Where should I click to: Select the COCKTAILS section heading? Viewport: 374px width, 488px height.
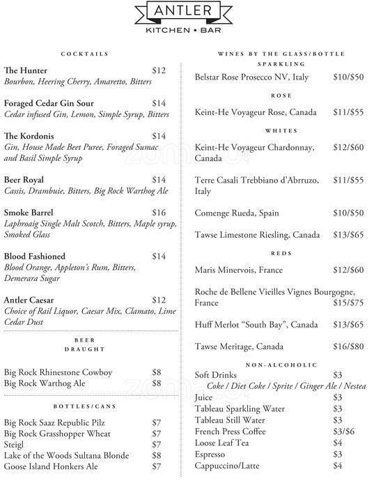coord(85,54)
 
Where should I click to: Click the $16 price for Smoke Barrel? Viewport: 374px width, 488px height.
coord(159,213)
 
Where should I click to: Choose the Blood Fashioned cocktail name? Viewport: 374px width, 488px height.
coord(35,257)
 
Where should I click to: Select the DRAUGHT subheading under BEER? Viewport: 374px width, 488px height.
coord(85,349)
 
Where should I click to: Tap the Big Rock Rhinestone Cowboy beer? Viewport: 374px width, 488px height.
coord(58,372)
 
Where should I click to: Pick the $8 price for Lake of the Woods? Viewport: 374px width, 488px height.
coord(157,455)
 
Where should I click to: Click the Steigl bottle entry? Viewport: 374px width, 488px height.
coord(15,444)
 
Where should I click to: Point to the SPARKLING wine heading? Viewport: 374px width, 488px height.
coord(281,63)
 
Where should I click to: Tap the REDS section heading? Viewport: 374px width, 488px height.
coord(281,253)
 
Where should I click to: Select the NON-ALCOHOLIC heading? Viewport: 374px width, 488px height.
coord(281,365)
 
